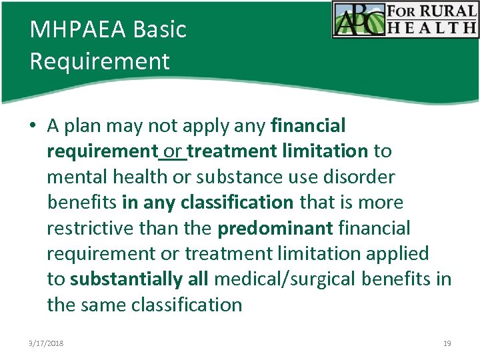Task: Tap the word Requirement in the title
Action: click(x=100, y=61)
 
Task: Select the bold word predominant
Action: click(x=275, y=228)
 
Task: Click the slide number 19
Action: click(x=447, y=343)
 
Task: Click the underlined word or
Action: click(x=172, y=151)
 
